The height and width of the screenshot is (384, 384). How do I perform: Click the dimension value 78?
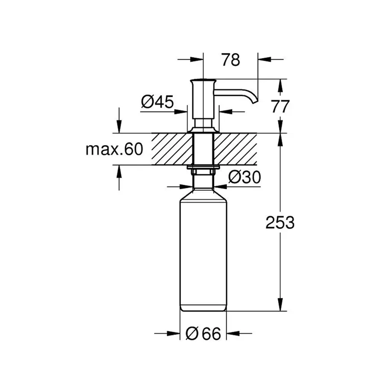click(230, 60)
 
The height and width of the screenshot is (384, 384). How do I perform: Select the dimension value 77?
click(280, 106)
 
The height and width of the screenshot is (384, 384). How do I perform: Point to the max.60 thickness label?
click(113, 149)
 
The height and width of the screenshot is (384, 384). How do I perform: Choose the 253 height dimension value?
click(280, 222)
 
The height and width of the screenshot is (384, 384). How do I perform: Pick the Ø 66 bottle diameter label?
click(204, 334)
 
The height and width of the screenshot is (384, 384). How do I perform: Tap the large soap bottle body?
click(203, 252)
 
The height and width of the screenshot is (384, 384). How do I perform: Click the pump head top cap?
click(203, 80)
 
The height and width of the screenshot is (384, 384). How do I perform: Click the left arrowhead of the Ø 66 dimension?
click(175, 334)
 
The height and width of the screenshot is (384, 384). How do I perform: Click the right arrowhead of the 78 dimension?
click(263, 59)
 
